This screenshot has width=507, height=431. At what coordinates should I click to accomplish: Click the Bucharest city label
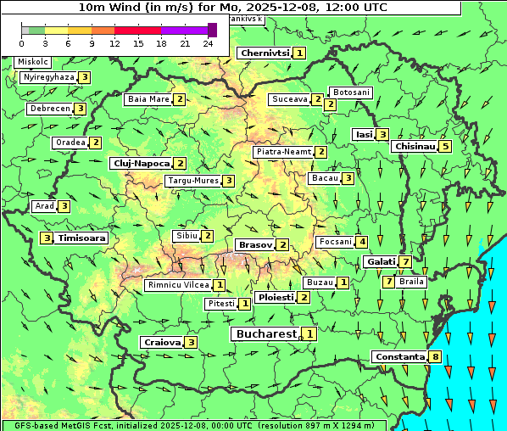(x=265, y=334)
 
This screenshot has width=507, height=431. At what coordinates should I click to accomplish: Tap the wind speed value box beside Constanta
(x=436, y=356)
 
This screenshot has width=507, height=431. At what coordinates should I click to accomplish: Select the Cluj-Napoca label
(x=141, y=163)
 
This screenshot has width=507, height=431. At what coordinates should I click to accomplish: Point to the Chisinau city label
(x=415, y=146)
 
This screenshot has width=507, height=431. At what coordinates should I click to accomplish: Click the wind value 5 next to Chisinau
(x=446, y=146)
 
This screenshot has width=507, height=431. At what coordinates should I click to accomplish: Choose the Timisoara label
(x=82, y=238)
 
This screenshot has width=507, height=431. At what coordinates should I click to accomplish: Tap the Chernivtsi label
(x=265, y=53)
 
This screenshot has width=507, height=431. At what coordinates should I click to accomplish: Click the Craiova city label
(x=163, y=342)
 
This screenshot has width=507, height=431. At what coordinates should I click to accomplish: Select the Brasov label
(x=255, y=244)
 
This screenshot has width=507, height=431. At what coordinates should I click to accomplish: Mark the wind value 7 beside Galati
(x=406, y=262)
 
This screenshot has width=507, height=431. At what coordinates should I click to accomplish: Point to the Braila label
(x=411, y=281)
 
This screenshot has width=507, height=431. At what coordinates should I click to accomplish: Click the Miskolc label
(x=33, y=62)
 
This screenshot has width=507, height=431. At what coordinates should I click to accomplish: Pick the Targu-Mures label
(x=193, y=181)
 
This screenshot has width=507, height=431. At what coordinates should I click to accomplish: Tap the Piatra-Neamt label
(x=283, y=152)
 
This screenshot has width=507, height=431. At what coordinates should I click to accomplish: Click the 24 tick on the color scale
(x=208, y=42)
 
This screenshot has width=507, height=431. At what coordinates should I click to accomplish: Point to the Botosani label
(x=351, y=92)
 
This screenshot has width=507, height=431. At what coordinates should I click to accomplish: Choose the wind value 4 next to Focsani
(x=361, y=242)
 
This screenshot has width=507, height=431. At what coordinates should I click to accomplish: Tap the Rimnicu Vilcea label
(x=177, y=285)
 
